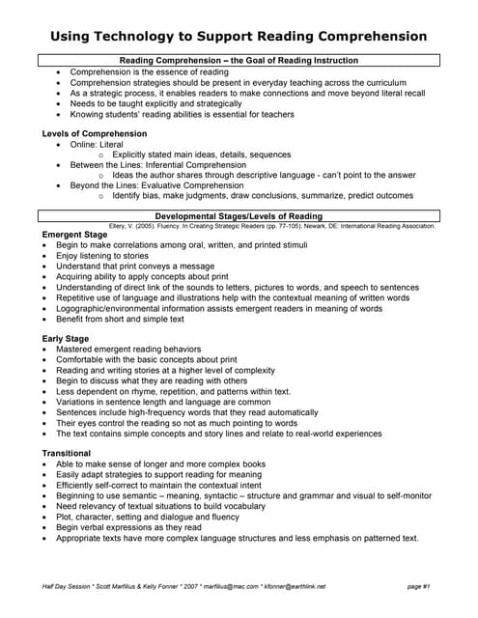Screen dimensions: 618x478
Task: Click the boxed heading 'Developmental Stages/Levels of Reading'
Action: pyautogui.click(x=239, y=216)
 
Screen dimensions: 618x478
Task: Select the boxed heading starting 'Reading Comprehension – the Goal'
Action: pyautogui.click(x=239, y=61)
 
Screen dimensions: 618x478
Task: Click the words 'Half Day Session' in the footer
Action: pyautogui.click(x=67, y=586)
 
